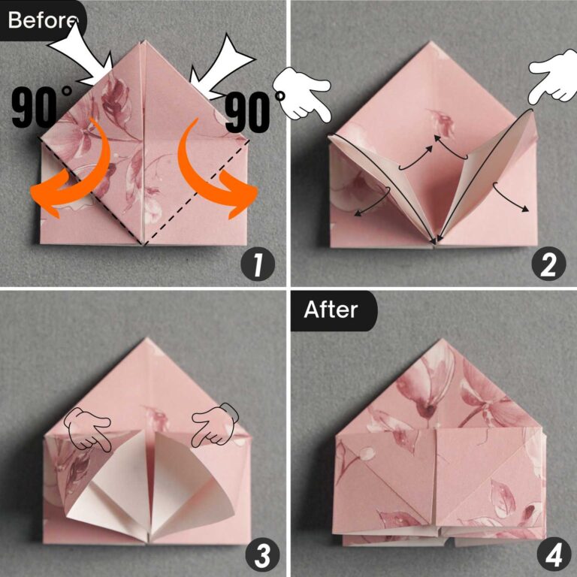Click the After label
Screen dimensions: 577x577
pyautogui.click(x=331, y=309)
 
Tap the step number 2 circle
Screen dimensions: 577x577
pyautogui.click(x=547, y=265)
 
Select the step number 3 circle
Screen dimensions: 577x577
pyautogui.click(x=260, y=555)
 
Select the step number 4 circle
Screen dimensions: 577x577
pyautogui.click(x=549, y=555)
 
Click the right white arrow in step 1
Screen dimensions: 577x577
pyautogui.click(x=219, y=65)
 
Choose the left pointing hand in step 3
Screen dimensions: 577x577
pyautogui.click(x=87, y=428)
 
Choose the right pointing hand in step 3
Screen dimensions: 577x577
pyautogui.click(x=213, y=425)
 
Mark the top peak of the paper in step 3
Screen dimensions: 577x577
pyautogui.click(x=148, y=340)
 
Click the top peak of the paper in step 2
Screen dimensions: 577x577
pyautogui.click(x=434, y=43)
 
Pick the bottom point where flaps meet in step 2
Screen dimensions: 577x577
pyautogui.click(x=434, y=241)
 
